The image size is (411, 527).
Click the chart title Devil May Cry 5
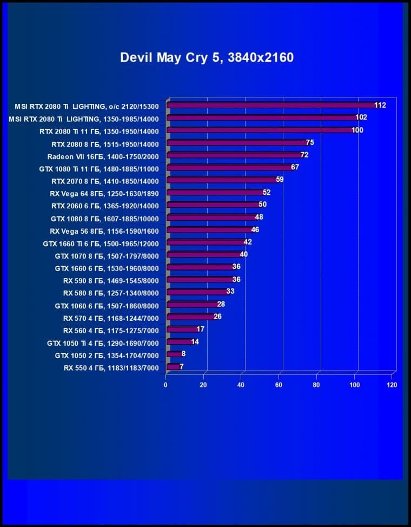click(207, 57)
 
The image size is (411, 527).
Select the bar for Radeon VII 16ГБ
click(233, 155)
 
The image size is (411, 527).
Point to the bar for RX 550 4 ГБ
click(173, 367)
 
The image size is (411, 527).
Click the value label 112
click(380, 105)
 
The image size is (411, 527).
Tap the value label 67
click(295, 167)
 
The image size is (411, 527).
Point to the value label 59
click(280, 180)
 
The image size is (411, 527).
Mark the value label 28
click(221, 305)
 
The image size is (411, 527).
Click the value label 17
click(200, 329)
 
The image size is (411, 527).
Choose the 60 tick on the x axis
click(279, 385)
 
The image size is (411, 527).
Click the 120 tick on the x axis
click(392, 385)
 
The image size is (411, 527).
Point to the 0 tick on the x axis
click(166, 385)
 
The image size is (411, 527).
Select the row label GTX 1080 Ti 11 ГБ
click(99, 168)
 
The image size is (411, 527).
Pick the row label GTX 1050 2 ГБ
click(107, 355)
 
